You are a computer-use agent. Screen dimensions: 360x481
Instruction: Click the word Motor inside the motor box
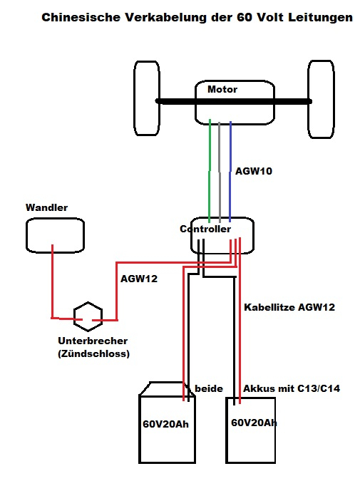(222, 89)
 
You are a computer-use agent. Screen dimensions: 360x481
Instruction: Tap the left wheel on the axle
(135, 98)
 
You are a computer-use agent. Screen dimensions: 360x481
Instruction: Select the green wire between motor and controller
(210, 171)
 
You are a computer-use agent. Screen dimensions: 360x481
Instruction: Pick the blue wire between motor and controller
(230, 171)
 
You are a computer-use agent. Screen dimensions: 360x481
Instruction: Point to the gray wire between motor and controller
(220, 172)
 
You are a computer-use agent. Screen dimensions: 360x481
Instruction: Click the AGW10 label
(254, 171)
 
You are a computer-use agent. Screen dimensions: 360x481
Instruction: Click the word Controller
(205, 229)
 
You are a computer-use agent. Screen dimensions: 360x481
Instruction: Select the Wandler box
(26, 235)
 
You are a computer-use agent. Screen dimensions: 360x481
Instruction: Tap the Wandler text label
(46, 207)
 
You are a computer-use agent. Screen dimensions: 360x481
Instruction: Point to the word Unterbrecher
(93, 341)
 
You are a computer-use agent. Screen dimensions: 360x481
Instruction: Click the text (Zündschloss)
(93, 353)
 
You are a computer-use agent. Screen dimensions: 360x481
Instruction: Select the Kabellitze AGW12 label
(289, 307)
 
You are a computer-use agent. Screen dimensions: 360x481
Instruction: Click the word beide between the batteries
(209, 388)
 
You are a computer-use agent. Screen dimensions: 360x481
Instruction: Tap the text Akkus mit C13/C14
(292, 388)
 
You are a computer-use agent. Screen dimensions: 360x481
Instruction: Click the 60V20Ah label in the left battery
(165, 424)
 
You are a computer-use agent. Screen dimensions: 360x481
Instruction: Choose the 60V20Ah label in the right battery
(254, 423)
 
